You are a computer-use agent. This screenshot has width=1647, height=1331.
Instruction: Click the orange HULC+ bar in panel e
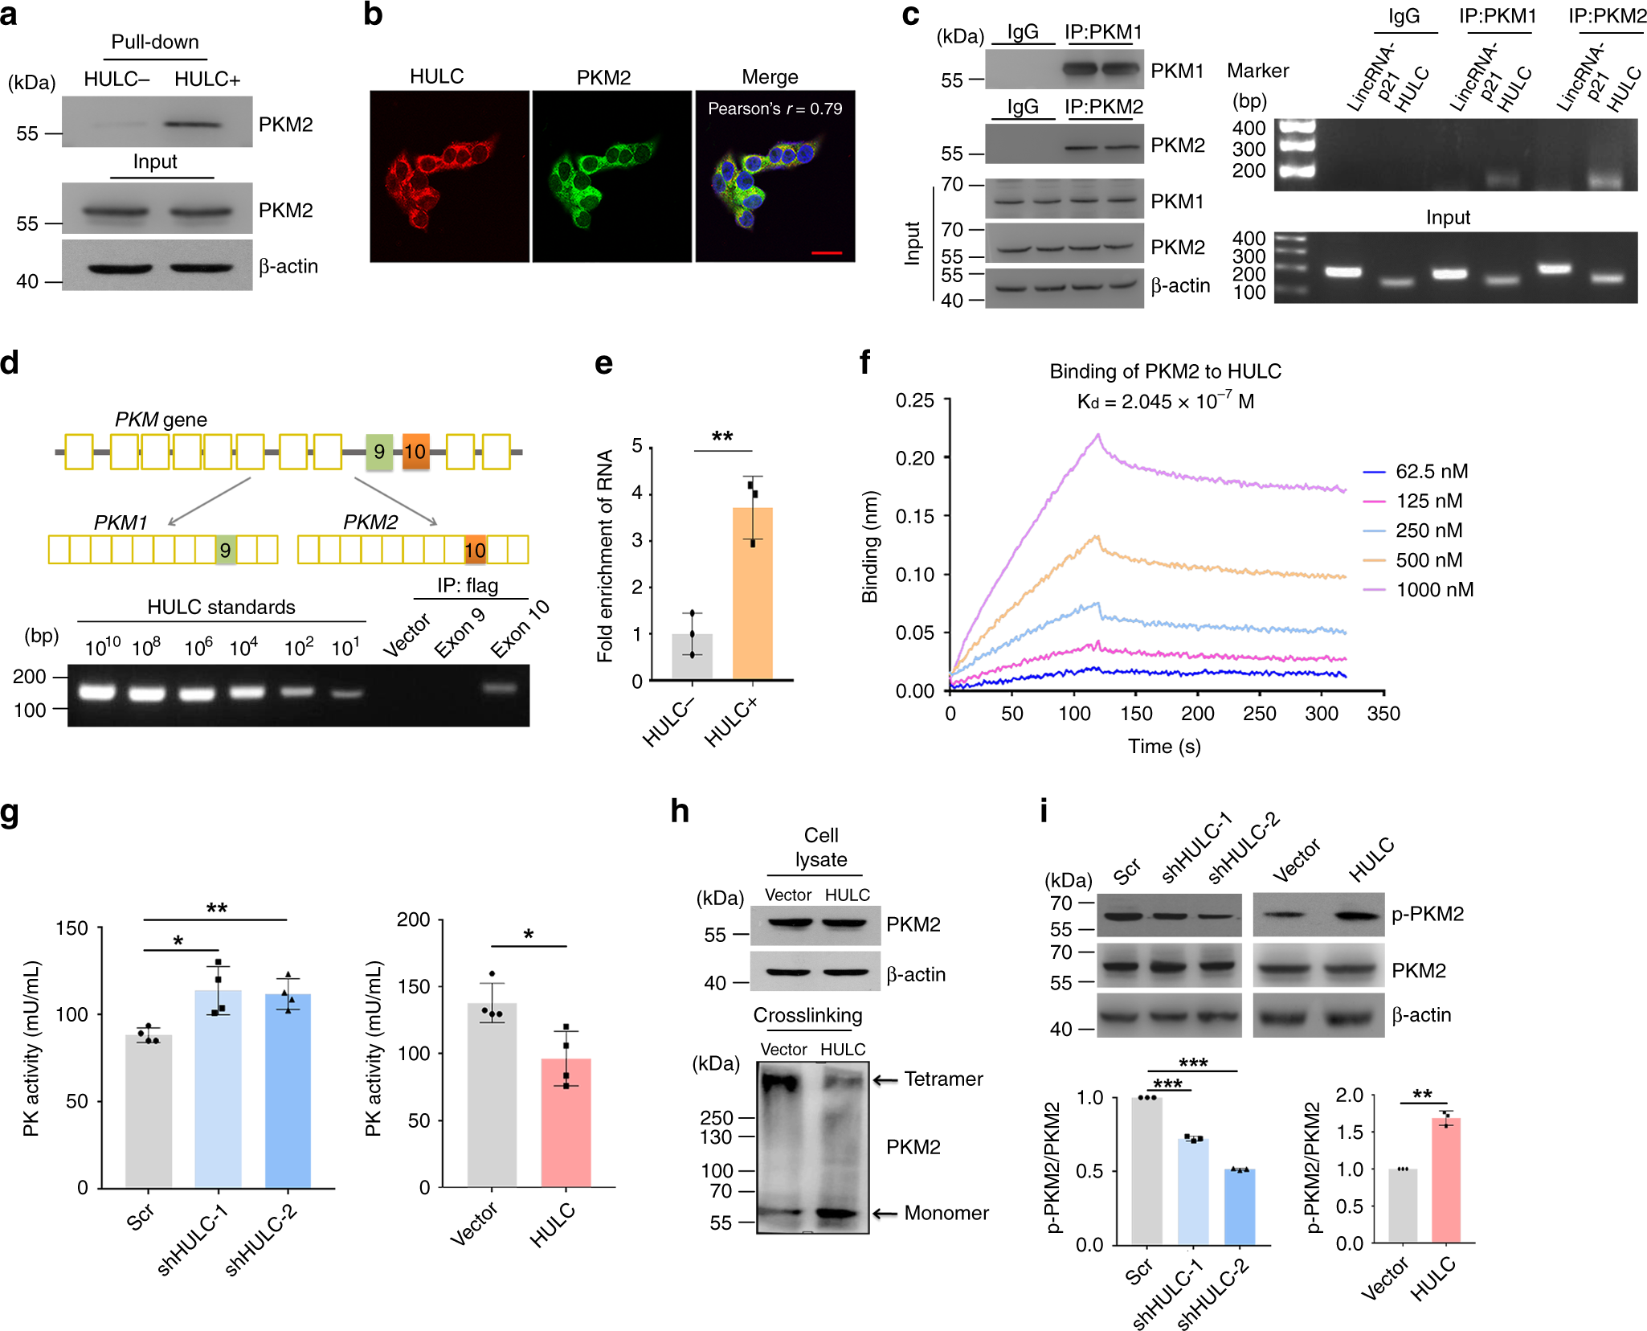[752, 595]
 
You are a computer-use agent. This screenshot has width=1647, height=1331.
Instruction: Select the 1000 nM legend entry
[1434, 590]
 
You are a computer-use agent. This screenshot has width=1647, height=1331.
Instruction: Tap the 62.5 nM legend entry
[1431, 472]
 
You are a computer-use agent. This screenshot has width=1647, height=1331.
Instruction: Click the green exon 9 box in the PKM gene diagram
[379, 452]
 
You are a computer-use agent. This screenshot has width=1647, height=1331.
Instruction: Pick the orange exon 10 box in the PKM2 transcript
[475, 551]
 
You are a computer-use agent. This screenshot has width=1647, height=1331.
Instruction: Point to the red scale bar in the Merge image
[827, 253]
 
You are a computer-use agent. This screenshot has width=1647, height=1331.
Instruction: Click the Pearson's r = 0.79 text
[774, 109]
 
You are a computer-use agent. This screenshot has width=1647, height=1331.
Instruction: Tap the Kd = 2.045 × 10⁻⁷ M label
[1165, 401]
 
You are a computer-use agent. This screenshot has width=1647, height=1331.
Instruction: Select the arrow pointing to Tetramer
[885, 1080]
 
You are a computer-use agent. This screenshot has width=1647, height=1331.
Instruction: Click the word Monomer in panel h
[946, 1213]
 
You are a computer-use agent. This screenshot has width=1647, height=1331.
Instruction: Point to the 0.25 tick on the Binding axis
[915, 400]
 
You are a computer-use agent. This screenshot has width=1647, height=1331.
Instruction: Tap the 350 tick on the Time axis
[1383, 714]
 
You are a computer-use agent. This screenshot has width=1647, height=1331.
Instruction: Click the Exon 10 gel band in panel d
[501, 688]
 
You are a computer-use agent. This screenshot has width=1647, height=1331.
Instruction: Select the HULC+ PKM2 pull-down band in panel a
[193, 125]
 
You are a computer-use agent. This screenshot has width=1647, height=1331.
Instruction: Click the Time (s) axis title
[1164, 747]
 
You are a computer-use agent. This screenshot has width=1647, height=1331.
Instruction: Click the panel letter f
[864, 362]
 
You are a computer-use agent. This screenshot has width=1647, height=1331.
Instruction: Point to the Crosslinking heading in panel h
[807, 1016]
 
